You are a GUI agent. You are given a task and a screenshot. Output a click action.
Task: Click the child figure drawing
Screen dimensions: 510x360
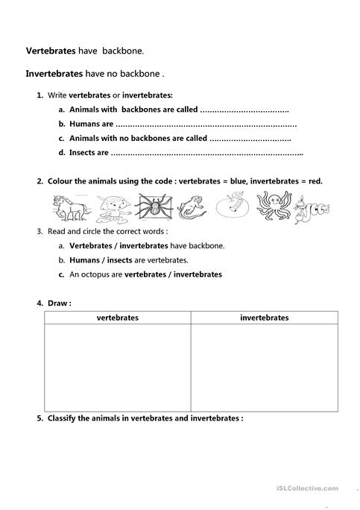click(x=112, y=207)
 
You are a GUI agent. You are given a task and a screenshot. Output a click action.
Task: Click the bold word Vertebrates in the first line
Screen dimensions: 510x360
click(x=51, y=51)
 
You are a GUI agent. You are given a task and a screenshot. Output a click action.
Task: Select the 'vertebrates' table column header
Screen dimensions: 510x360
click(x=117, y=318)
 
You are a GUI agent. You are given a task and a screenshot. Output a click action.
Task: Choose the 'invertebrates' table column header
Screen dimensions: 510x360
click(x=265, y=318)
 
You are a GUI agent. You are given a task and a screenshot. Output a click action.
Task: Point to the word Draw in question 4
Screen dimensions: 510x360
click(x=57, y=303)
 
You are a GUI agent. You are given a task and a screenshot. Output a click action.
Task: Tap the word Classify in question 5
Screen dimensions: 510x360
click(x=63, y=419)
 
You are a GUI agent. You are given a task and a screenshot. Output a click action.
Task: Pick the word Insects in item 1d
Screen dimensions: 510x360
click(x=83, y=153)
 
